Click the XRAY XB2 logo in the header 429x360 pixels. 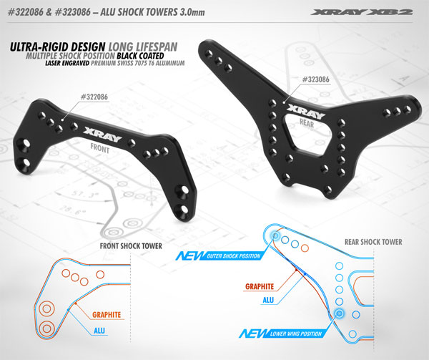381,11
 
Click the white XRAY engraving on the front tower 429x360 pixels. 99,133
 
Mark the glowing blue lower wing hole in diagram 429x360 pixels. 340,313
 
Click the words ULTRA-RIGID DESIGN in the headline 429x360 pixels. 53,49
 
